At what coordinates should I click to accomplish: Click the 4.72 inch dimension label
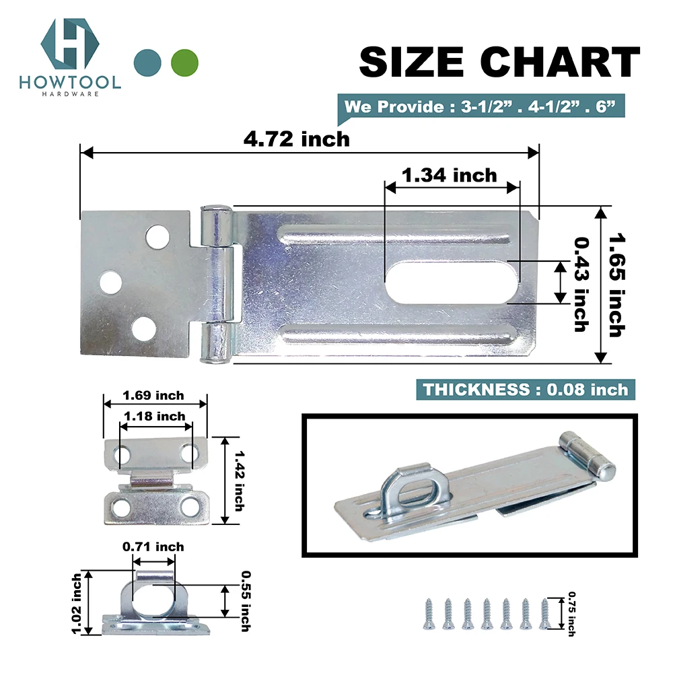pos(297,139)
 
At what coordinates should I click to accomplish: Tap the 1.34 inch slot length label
pos(449,175)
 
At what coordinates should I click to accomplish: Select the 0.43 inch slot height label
pos(581,285)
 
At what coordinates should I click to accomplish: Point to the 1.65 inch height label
pos(617,285)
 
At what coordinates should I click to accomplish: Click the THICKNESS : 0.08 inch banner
pos(526,389)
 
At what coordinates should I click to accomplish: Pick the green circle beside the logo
pos(184,63)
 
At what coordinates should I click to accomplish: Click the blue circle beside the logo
pos(147,63)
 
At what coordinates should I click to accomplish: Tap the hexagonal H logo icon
pos(70,43)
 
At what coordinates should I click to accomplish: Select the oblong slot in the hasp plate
pos(452,283)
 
